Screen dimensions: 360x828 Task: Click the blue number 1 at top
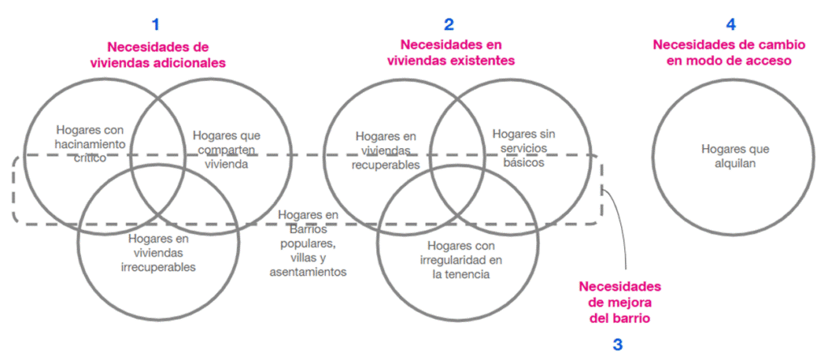156,24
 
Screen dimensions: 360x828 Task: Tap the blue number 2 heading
450,24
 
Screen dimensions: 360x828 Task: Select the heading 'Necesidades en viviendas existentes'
450,53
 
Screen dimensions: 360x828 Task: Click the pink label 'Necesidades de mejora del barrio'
620,303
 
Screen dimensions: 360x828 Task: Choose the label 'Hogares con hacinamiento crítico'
91,143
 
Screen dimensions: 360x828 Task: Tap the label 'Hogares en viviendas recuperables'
386,150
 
